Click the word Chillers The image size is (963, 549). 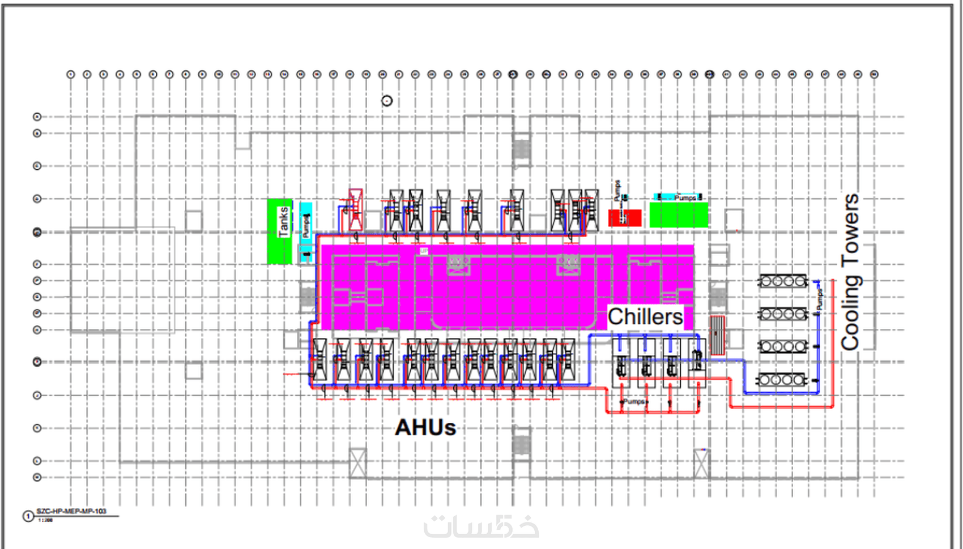(x=645, y=317)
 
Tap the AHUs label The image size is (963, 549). (x=425, y=427)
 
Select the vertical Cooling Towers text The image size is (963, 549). (x=850, y=272)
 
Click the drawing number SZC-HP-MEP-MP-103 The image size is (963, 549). (x=71, y=511)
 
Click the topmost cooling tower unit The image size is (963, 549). (x=783, y=281)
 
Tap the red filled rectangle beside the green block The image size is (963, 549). (x=624, y=218)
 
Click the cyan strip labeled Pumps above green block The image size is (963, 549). (x=679, y=198)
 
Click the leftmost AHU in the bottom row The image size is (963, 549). (x=319, y=360)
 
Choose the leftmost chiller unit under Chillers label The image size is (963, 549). (x=621, y=362)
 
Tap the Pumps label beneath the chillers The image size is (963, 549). (x=634, y=401)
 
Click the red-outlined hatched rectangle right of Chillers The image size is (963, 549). (x=717, y=335)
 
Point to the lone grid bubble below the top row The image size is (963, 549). (x=387, y=101)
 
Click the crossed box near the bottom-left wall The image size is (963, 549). (x=357, y=464)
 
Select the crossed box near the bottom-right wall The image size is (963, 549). (x=701, y=464)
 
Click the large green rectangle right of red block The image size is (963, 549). (x=679, y=215)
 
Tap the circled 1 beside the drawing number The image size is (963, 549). (x=28, y=516)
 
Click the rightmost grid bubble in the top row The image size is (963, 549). (x=874, y=74)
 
